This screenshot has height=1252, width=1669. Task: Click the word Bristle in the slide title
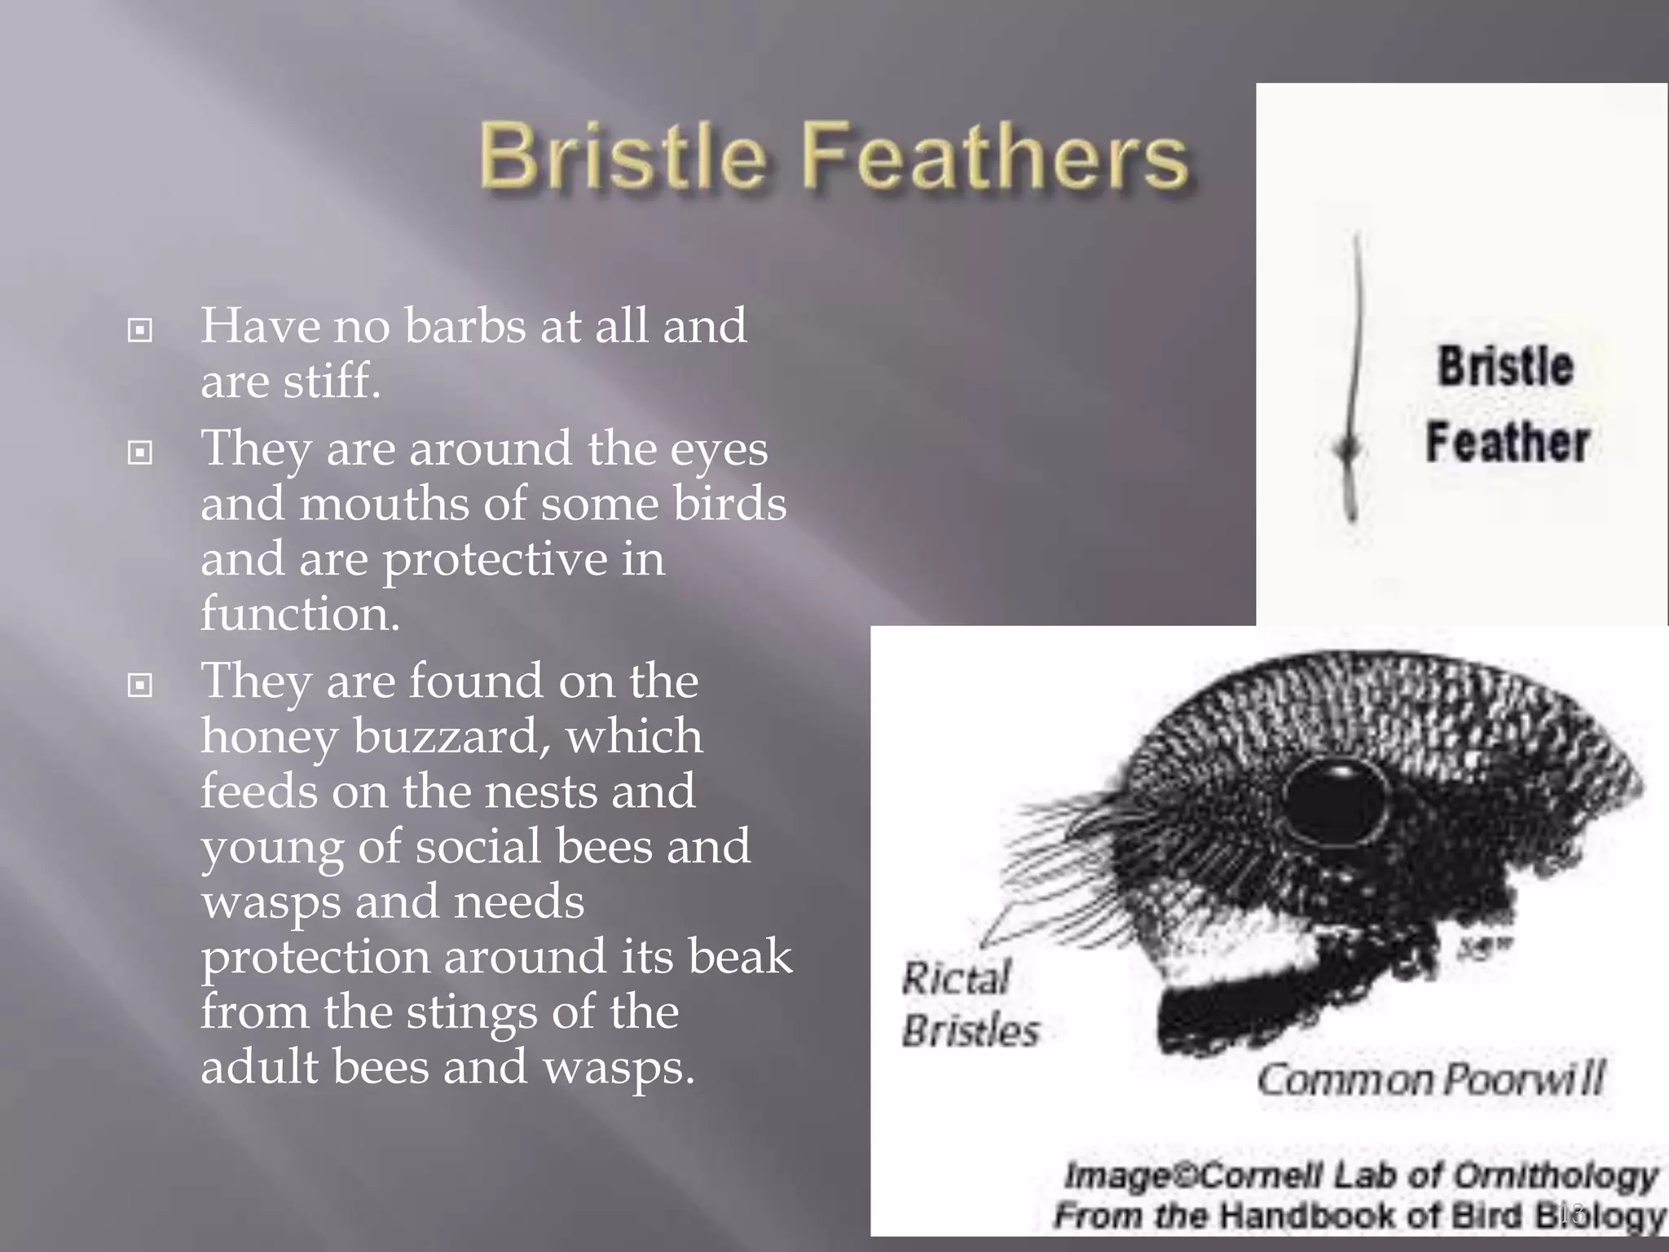[x=623, y=155]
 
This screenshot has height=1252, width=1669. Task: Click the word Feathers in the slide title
[x=996, y=155]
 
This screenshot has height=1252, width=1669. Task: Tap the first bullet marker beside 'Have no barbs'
[x=140, y=330]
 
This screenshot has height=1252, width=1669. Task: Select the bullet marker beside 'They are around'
[x=140, y=452]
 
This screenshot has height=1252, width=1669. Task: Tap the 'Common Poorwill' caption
[x=1430, y=1080]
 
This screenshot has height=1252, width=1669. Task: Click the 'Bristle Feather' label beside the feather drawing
[x=1506, y=403]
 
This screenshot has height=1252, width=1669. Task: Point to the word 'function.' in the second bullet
[x=300, y=614]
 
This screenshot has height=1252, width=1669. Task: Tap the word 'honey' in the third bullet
[x=269, y=738]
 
